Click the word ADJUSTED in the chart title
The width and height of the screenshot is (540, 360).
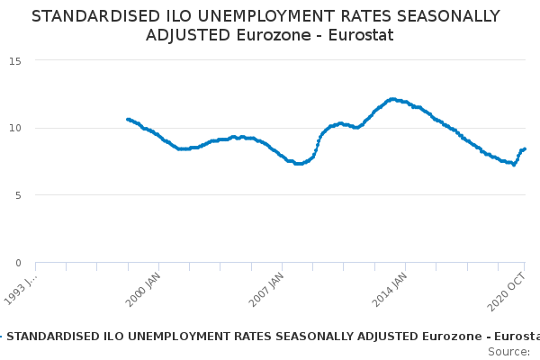(x=188, y=35)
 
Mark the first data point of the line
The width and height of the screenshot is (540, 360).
(x=128, y=119)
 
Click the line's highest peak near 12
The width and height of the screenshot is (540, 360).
(x=392, y=99)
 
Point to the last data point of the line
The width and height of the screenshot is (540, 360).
(x=525, y=148)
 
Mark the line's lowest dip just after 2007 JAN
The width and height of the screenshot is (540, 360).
(x=298, y=164)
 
